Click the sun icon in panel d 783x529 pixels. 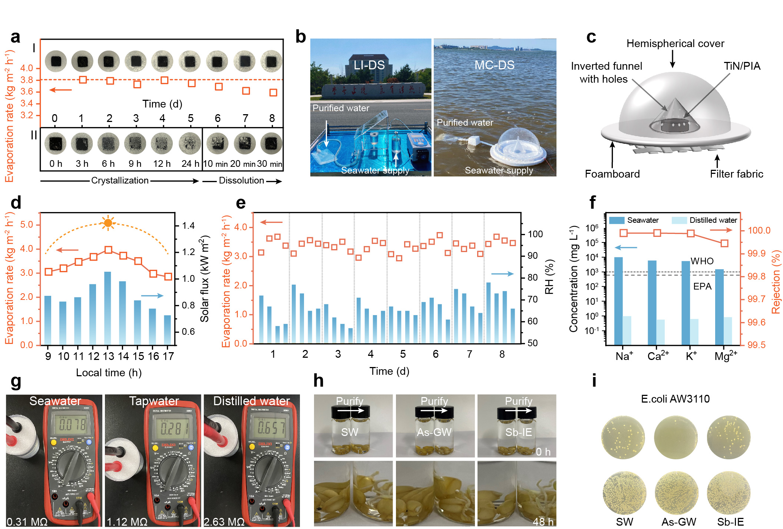tap(108, 223)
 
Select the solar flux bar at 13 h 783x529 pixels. tap(108, 308)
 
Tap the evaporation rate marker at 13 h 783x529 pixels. tap(108, 250)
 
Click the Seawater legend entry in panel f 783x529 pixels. tap(634, 220)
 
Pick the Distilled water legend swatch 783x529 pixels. tap(679, 220)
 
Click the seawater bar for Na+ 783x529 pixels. tap(618, 300)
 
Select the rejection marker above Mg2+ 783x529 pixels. tap(724, 244)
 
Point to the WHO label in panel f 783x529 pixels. tap(702, 261)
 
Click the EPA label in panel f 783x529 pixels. tap(702, 286)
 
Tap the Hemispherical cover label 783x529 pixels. tap(675, 44)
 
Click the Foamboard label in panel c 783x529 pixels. tap(612, 174)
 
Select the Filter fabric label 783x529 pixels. tap(736, 174)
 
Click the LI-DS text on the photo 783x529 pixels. tap(369, 65)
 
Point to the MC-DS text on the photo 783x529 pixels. tap(494, 65)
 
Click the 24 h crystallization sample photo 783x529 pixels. tap(190, 143)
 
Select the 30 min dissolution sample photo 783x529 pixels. tap(271, 143)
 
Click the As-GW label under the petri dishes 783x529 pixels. tap(679, 522)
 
